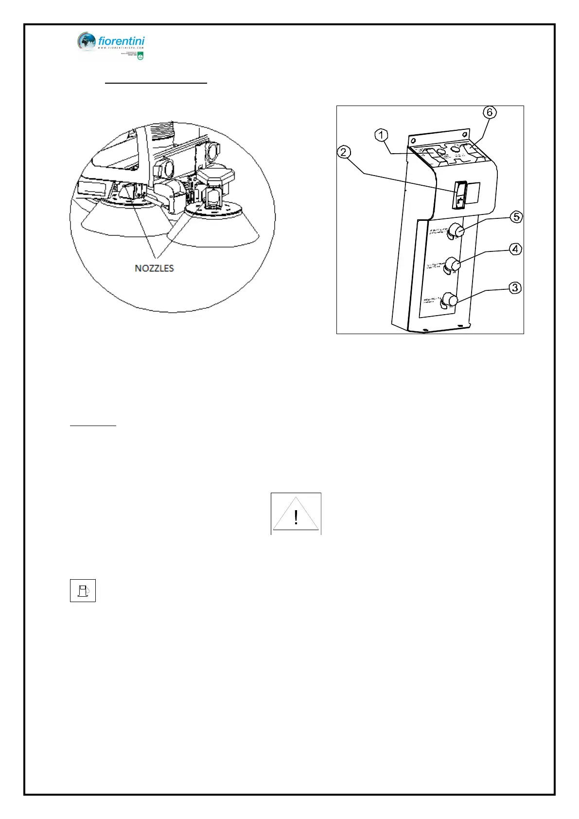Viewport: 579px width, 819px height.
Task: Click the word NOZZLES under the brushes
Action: pos(154,268)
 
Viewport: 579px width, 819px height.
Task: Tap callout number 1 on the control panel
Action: pos(382,135)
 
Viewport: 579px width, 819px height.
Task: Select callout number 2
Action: pos(344,153)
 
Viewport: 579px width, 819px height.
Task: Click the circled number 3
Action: pos(515,288)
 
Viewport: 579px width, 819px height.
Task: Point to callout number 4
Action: pos(515,249)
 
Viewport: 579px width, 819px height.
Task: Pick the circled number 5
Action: pos(516,217)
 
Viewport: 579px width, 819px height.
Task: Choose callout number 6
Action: pos(490,112)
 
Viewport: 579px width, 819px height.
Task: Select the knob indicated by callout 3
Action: pos(450,300)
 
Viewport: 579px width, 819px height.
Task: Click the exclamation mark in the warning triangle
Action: pos(296,517)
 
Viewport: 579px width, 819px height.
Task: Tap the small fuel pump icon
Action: pos(83,590)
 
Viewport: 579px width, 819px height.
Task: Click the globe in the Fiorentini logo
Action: pos(87,42)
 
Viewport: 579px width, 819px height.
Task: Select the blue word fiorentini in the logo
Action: pos(122,41)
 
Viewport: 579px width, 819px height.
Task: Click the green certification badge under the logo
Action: pos(140,57)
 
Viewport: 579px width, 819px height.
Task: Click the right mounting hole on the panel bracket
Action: pos(465,134)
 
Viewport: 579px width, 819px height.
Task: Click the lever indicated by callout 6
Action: pos(471,150)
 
